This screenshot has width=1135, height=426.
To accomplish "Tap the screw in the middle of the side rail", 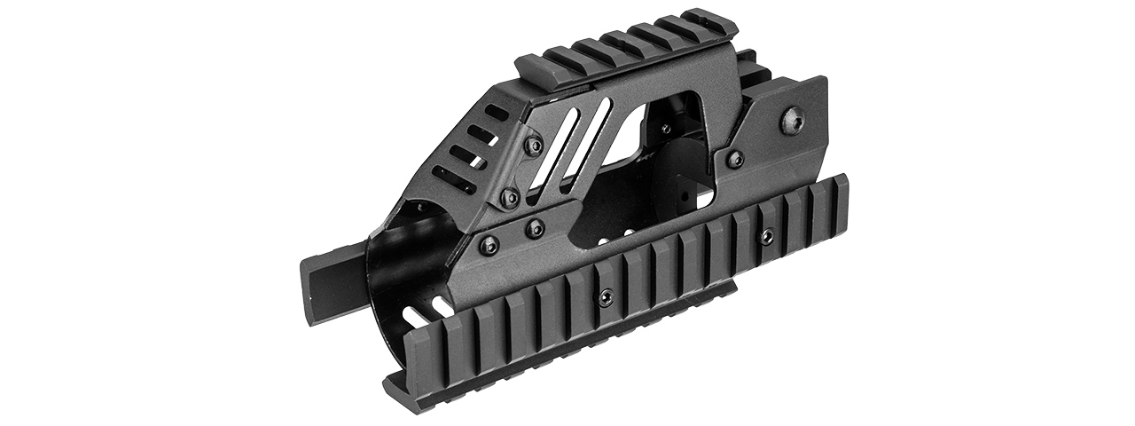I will (x=605, y=297).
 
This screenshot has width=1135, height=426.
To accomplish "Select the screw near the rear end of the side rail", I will (x=767, y=236).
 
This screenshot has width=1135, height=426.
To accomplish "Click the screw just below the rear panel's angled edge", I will (x=734, y=159).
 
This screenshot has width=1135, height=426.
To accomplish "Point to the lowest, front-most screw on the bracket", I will (x=489, y=243).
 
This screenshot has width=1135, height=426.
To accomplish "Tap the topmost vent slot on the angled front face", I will (x=497, y=116).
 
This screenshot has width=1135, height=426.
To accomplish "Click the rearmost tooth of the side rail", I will (x=834, y=200).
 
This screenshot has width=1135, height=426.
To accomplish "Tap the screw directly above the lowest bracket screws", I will (x=510, y=198).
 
